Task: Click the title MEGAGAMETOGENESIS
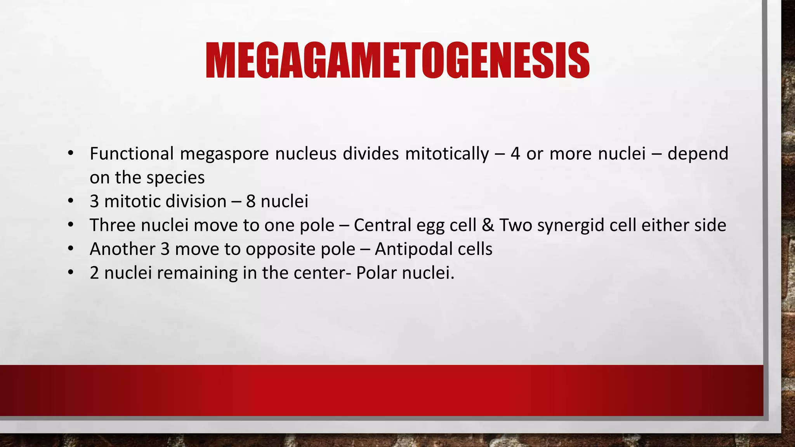(x=397, y=61)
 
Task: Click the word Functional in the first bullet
(x=132, y=154)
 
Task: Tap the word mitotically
(x=447, y=154)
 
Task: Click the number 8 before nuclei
(x=251, y=201)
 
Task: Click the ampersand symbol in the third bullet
(x=488, y=225)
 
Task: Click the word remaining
(x=197, y=273)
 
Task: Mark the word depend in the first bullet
(x=698, y=154)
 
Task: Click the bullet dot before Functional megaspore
(x=70, y=153)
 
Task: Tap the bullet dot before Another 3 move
(x=70, y=249)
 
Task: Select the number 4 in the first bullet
(x=515, y=154)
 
